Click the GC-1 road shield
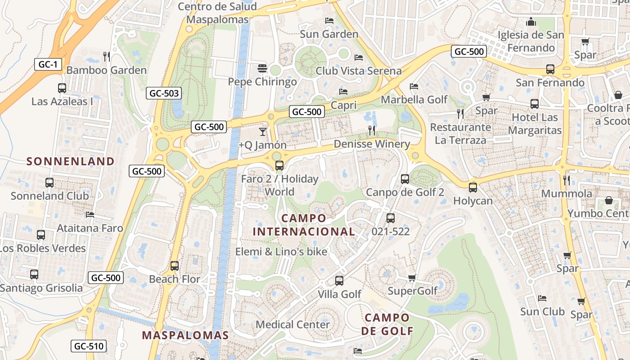pyautogui.click(x=48, y=64)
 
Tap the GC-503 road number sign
pyautogui.click(x=164, y=94)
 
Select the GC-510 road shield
pyautogui.click(x=89, y=346)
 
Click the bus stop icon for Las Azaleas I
pyautogui.click(x=62, y=88)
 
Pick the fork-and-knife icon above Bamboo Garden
pyautogui.click(x=107, y=57)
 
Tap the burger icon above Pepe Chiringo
pyautogui.click(x=262, y=68)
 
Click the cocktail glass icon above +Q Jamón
pyautogui.click(x=263, y=132)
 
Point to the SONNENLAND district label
pyautogui.click(x=71, y=161)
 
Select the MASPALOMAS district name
pyautogui.click(x=185, y=335)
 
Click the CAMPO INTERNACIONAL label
pyautogui.click(x=304, y=225)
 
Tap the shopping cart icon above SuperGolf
pyautogui.click(x=412, y=278)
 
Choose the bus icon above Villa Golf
pyautogui.click(x=339, y=281)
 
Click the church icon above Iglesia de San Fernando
pyautogui.click(x=531, y=22)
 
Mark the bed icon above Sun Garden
pyautogui.click(x=329, y=21)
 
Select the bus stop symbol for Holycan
pyautogui.click(x=473, y=188)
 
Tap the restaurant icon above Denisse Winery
pyautogui.click(x=372, y=130)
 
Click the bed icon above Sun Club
pyautogui.click(x=542, y=298)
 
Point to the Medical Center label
pyautogui.click(x=292, y=324)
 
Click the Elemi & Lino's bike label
pyautogui.click(x=281, y=252)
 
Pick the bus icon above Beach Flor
pyautogui.click(x=175, y=266)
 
